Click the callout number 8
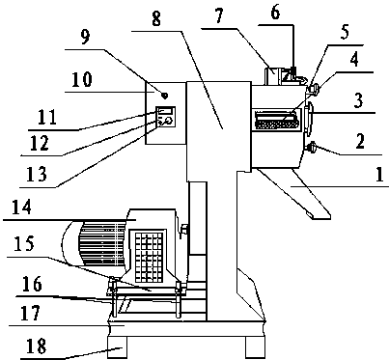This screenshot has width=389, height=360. coord(155,19)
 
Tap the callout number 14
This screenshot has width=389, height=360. coord(21,207)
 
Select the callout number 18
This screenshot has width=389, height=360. coord(37,346)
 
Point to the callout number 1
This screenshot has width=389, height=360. coord(379,175)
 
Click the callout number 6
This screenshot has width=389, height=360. coord(275,13)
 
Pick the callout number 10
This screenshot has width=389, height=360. coord(82,79)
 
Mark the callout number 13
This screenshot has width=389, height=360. coord(37,174)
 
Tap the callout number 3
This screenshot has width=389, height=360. coord(358,100)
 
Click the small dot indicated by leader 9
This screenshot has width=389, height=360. coord(164,96)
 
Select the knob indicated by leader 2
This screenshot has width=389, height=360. coord(311,148)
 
